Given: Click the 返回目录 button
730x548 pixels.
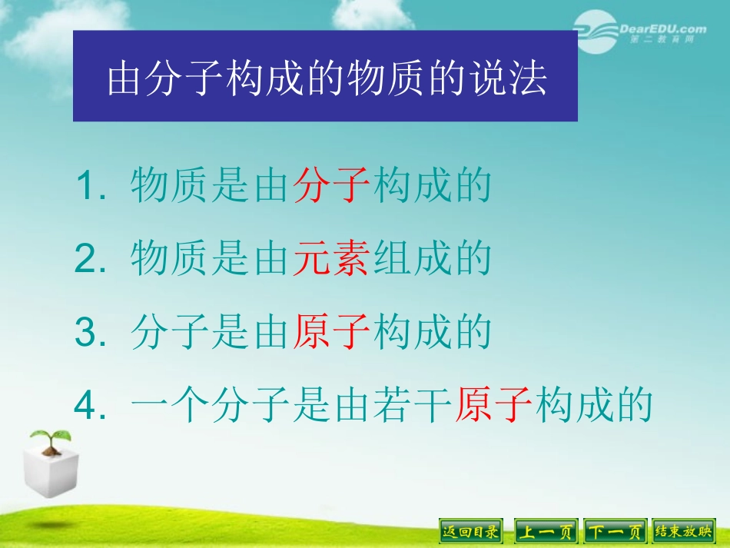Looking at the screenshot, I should point(470,531).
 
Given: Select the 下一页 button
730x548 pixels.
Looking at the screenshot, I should point(615,531).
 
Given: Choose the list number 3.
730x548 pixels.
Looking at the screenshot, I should point(86,334).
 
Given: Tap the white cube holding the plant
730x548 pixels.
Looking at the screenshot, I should point(49,473).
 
